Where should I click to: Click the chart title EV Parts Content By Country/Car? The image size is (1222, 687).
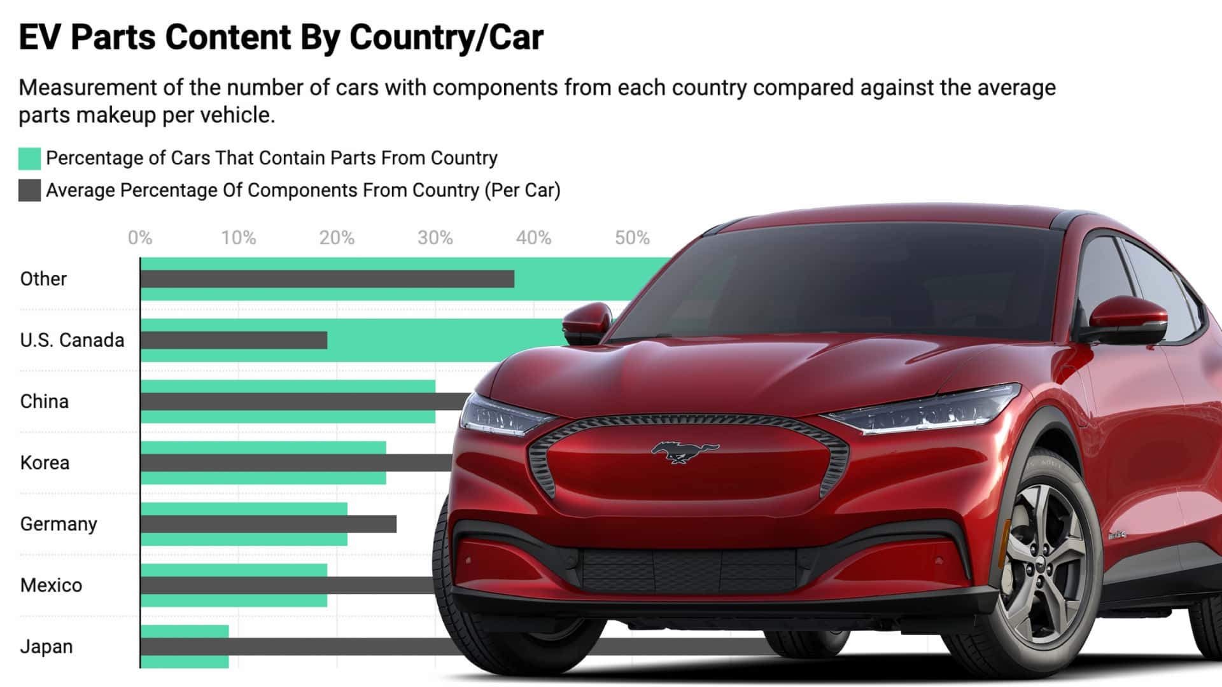tap(281, 37)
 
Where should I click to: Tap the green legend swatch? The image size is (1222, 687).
tap(29, 158)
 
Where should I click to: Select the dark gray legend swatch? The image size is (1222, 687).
tap(29, 190)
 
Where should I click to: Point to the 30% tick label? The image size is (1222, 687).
tap(435, 238)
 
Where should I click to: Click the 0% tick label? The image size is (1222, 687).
tap(139, 238)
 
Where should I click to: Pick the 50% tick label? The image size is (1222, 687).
tap(631, 238)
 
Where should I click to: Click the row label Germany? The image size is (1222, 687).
tap(59, 524)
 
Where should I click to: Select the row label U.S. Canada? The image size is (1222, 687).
tap(72, 340)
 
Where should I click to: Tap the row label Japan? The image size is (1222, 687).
tap(46, 647)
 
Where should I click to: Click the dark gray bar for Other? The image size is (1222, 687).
tap(327, 279)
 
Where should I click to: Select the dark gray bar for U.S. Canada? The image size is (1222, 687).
tap(234, 340)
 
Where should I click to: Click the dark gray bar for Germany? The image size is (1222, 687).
tap(268, 524)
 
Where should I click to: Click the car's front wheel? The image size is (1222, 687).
tap(1044, 566)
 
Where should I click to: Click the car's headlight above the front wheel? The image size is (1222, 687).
tap(923, 410)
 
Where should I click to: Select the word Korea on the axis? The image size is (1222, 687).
tap(45, 463)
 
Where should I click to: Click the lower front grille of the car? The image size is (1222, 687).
tap(687, 569)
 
